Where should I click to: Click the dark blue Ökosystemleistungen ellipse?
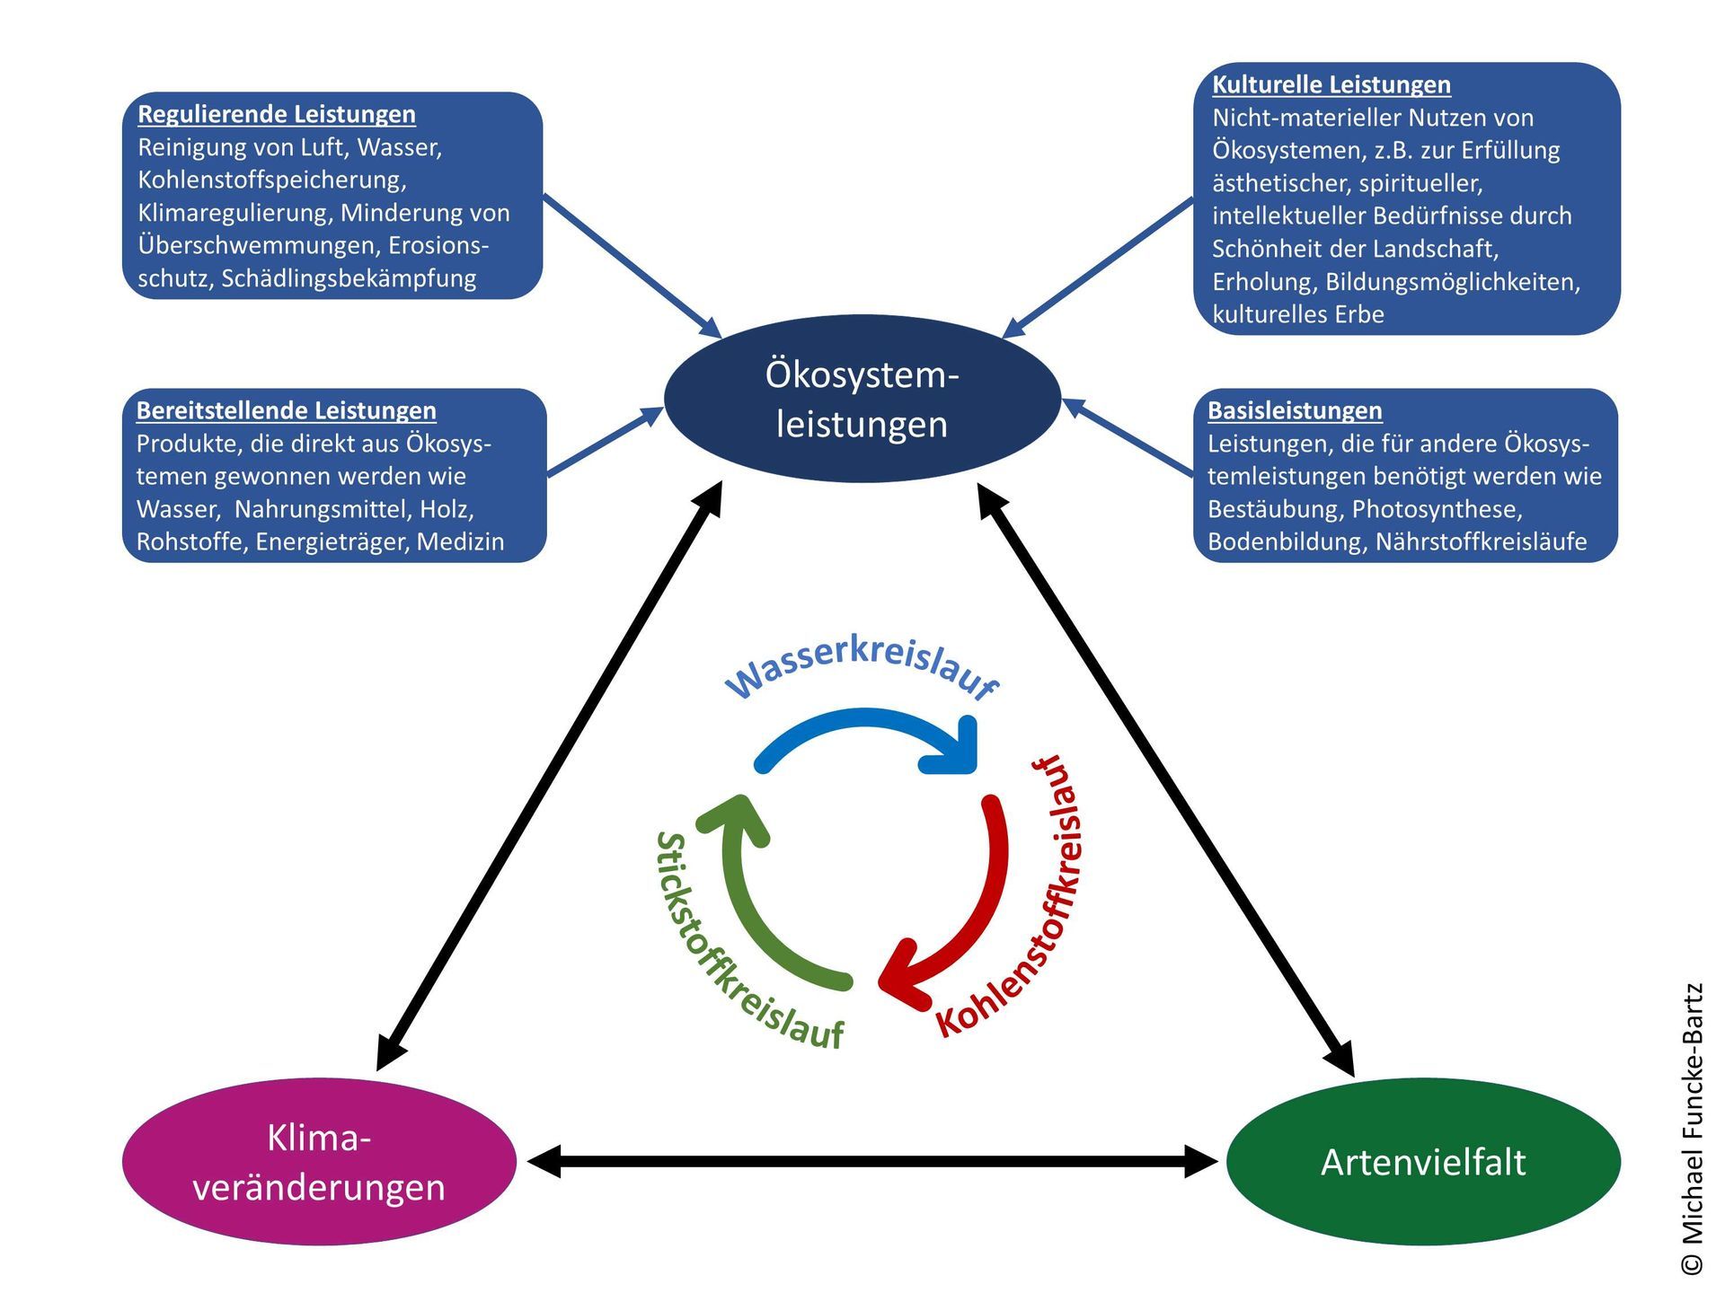pyautogui.click(x=862, y=399)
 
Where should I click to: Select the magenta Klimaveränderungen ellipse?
pyautogui.click(x=319, y=1162)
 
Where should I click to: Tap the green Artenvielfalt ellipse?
pyautogui.click(x=1423, y=1162)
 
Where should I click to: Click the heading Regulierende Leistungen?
pyautogui.click(x=277, y=114)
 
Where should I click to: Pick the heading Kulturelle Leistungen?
pyautogui.click(x=1331, y=84)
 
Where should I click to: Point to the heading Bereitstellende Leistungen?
pyautogui.click(x=287, y=410)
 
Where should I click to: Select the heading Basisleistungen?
pyautogui.click(x=1295, y=410)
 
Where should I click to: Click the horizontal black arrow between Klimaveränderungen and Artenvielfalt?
pyautogui.click(x=871, y=1161)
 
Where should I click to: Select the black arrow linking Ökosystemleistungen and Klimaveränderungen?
pyautogui.click(x=550, y=776)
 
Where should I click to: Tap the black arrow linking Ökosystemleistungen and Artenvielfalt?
pyautogui.click(x=1165, y=779)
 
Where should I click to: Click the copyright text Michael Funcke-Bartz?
pyautogui.click(x=1692, y=1128)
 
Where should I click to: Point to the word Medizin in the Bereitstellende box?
pyautogui.click(x=460, y=541)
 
